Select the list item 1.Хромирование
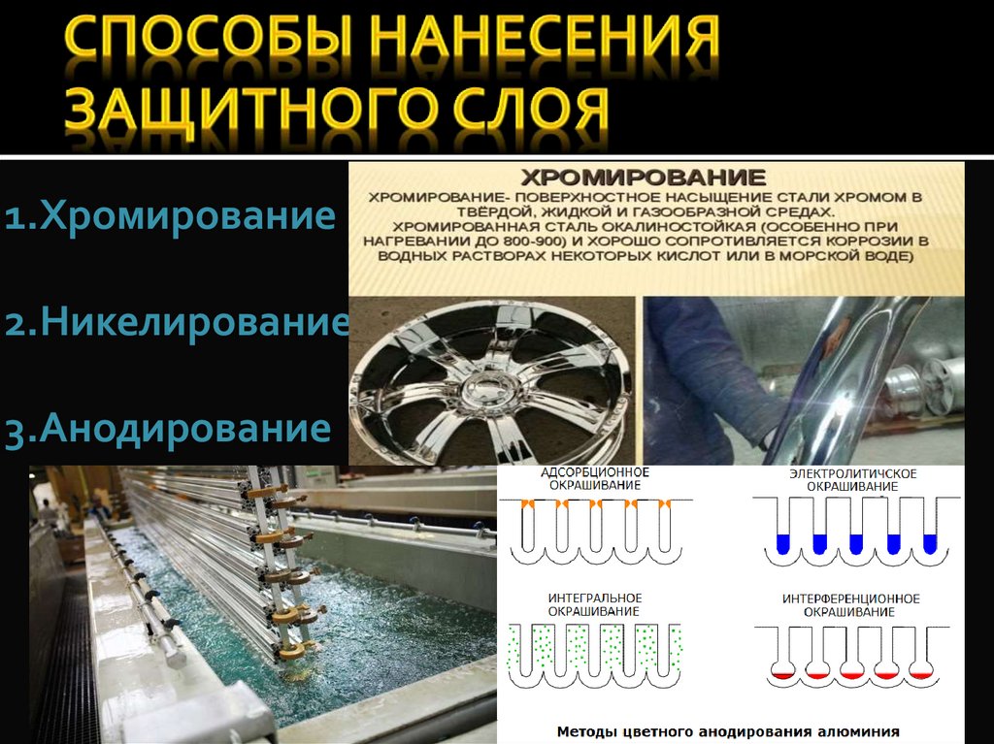click(170, 215)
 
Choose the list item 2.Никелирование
click(177, 322)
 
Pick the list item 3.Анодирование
click(167, 429)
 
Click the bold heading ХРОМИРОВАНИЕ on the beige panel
click(643, 177)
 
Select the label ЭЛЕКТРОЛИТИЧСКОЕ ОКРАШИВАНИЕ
click(852, 480)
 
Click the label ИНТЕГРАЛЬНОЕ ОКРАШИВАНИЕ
click(595, 604)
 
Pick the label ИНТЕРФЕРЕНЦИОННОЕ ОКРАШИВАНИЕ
click(850, 605)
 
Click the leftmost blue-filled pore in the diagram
click(783, 544)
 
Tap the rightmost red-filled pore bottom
click(920, 673)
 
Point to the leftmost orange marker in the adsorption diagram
click(526, 503)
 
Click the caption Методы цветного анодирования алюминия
click(728, 732)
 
